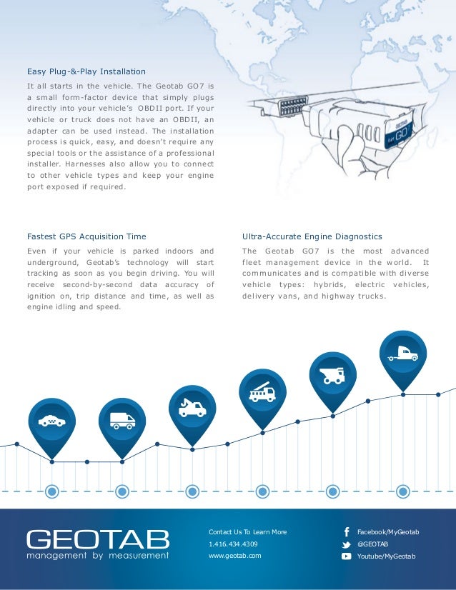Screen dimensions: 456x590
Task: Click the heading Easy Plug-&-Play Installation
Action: point(86,71)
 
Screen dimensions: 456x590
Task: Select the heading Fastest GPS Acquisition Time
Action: point(86,236)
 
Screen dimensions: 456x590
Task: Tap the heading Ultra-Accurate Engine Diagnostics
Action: point(312,236)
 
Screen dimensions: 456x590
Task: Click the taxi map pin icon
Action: point(51,421)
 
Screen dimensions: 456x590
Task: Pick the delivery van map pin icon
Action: point(122,421)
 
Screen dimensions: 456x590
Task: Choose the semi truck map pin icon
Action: point(402,354)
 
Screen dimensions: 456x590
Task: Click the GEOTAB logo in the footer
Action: point(98,539)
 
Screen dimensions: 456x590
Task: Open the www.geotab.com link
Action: point(234,555)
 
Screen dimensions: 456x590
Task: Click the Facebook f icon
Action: point(346,532)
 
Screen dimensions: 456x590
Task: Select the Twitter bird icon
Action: point(346,544)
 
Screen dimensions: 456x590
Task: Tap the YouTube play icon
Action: point(346,556)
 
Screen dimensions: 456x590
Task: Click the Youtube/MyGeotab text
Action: point(386,556)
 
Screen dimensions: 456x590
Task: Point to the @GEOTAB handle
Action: point(372,544)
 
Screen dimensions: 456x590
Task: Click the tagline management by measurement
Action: point(98,555)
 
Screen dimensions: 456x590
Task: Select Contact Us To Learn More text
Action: point(247,532)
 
